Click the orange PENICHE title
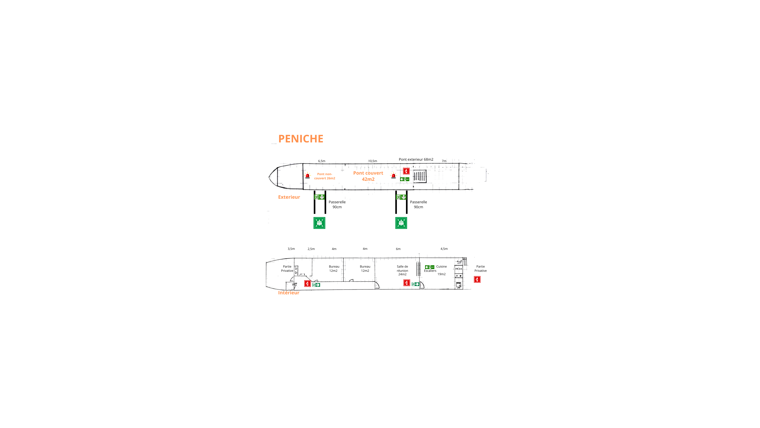point(301,139)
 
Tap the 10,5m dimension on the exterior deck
point(372,161)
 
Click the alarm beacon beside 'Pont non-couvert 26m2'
point(307,176)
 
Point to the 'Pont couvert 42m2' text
point(368,176)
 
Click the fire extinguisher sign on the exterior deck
point(406,171)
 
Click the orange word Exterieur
point(289,197)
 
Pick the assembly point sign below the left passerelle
point(319,223)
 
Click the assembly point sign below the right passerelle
point(401,223)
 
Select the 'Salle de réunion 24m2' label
point(402,270)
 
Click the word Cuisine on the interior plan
point(441,266)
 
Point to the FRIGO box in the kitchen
point(459,269)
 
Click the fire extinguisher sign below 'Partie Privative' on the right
point(477,279)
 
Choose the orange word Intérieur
point(289,293)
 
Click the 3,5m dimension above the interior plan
point(291,249)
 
